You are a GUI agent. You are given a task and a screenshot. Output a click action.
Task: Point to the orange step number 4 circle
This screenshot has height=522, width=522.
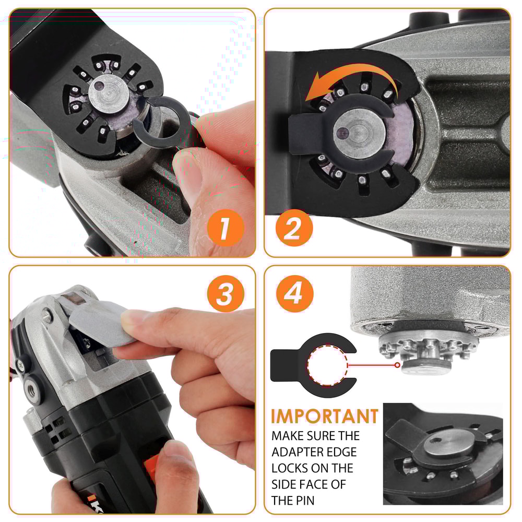294,294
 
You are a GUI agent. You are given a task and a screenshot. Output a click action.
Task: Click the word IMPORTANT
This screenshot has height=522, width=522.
325,416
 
